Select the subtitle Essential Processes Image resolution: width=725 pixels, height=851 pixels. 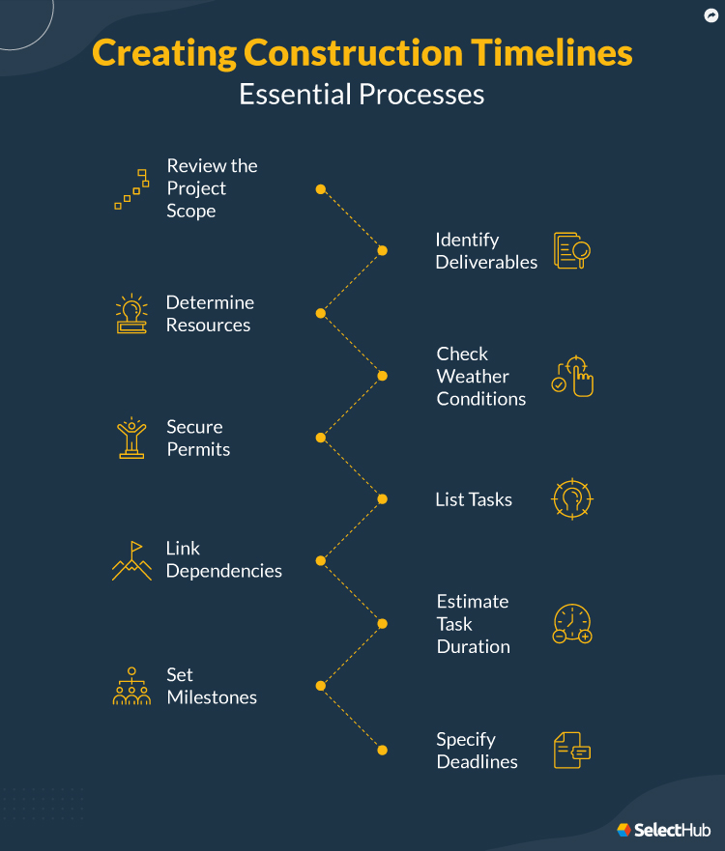(x=362, y=95)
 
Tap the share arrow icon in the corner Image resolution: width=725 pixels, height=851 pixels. (x=711, y=15)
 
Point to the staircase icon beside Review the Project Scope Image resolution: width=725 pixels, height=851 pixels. (x=131, y=188)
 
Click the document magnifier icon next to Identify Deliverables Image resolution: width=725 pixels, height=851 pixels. (x=572, y=250)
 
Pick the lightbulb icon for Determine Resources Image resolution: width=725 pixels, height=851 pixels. (x=131, y=314)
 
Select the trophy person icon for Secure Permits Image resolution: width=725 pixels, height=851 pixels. (x=131, y=438)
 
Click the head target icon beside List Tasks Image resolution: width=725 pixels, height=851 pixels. (x=571, y=499)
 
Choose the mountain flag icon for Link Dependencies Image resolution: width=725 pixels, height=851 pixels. (x=131, y=561)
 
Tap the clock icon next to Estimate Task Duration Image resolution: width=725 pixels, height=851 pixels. (x=572, y=624)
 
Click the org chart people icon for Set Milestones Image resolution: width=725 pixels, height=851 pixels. (x=131, y=686)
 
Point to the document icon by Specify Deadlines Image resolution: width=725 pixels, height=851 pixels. (x=571, y=751)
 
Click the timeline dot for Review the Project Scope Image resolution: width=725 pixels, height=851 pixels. (x=320, y=189)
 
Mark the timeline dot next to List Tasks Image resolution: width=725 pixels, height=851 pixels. (x=382, y=499)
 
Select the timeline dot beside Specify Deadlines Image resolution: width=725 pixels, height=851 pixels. (x=382, y=751)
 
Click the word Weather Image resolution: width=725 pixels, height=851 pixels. (x=473, y=377)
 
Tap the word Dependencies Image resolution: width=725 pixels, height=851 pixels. (x=224, y=571)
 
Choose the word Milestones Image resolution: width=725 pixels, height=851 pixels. (x=212, y=697)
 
